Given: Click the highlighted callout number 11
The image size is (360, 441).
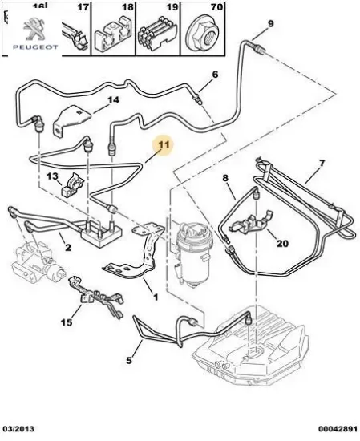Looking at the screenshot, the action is pyautogui.click(x=164, y=144).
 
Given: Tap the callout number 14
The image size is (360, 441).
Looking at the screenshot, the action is pyautogui.click(x=113, y=100).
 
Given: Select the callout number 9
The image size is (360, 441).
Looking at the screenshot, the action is pyautogui.click(x=270, y=23).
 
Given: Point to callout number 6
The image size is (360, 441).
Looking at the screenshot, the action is pyautogui.click(x=215, y=75).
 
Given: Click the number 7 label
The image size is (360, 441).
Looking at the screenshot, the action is pyautogui.click(x=322, y=163).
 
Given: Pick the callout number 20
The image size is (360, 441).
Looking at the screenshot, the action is pyautogui.click(x=283, y=243).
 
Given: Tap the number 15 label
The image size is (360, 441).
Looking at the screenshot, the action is pyautogui.click(x=67, y=322).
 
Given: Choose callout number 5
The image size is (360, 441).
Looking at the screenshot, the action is pyautogui.click(x=129, y=360).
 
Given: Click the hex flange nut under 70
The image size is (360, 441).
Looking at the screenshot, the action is pyautogui.click(x=202, y=35).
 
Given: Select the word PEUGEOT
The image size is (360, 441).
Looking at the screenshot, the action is pyautogui.click(x=35, y=47).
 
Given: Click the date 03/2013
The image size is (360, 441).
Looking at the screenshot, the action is pyautogui.click(x=18, y=429).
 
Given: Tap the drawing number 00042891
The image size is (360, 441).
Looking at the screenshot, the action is pyautogui.click(x=338, y=429).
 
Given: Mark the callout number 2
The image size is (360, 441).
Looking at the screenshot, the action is pyautogui.click(x=68, y=248).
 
